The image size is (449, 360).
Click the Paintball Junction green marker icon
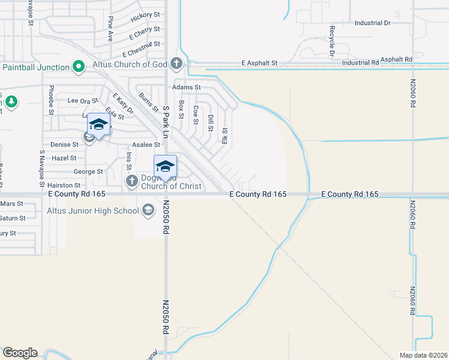point(79,67)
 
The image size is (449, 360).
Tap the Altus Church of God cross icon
point(176,63)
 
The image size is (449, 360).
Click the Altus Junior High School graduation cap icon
point(148,210)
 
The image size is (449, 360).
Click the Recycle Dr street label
point(331,41)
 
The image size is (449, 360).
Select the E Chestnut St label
point(141,44)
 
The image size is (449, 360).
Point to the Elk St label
point(224,135)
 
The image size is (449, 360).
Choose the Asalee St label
point(146,145)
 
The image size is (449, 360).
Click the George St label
point(88,172)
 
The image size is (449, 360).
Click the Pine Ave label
point(110,28)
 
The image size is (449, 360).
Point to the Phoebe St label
point(50,103)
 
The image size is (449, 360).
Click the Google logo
point(20,353)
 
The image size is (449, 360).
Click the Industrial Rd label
point(360,62)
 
